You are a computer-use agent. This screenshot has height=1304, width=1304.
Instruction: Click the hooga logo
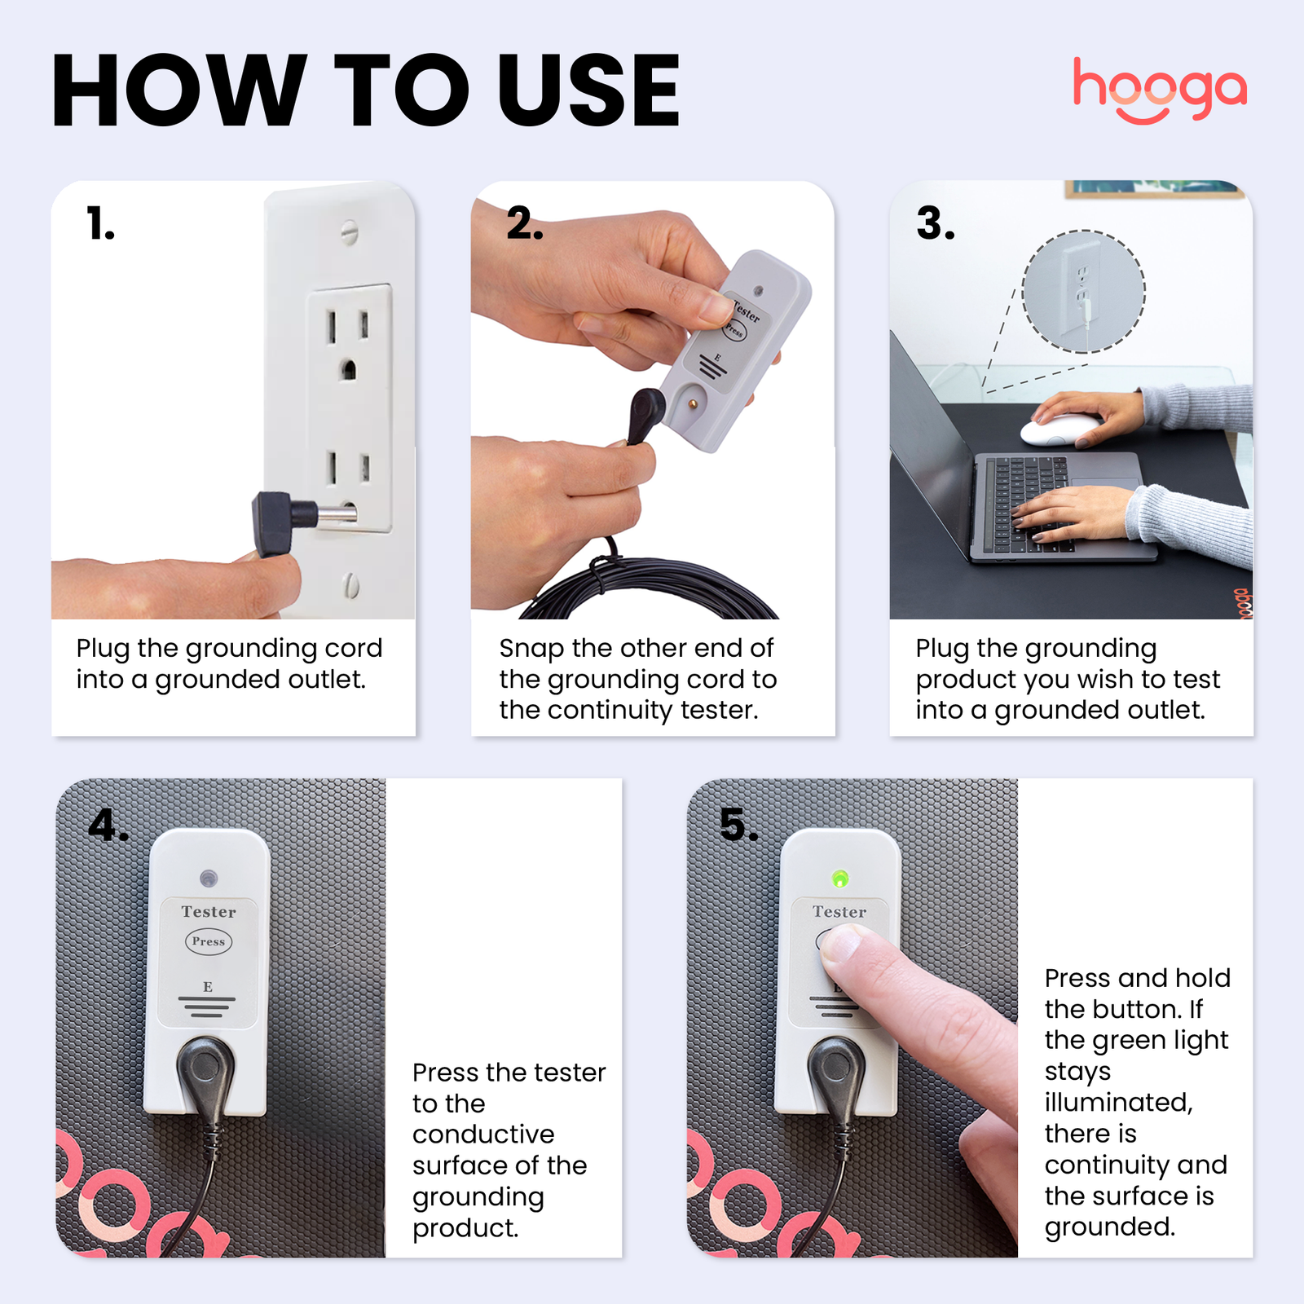click(x=1159, y=90)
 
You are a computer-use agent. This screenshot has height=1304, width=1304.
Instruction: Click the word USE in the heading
click(x=588, y=90)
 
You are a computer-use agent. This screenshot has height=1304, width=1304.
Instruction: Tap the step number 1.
click(x=99, y=223)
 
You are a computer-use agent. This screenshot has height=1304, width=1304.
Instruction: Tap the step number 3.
click(x=935, y=223)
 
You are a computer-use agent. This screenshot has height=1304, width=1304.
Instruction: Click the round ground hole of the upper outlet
click(x=348, y=369)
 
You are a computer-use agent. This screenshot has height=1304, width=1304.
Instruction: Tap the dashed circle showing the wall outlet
click(x=1083, y=291)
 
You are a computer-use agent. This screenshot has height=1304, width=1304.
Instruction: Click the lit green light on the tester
click(x=839, y=879)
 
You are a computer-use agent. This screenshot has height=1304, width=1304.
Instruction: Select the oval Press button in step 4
click(x=208, y=941)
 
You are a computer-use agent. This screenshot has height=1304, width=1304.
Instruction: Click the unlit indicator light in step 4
click(x=209, y=879)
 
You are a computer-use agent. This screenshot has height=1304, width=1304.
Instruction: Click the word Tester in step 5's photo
click(x=839, y=912)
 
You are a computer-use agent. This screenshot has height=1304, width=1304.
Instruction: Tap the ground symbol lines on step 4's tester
click(x=207, y=1007)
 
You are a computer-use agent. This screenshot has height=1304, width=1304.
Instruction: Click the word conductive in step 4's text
click(x=483, y=1134)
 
